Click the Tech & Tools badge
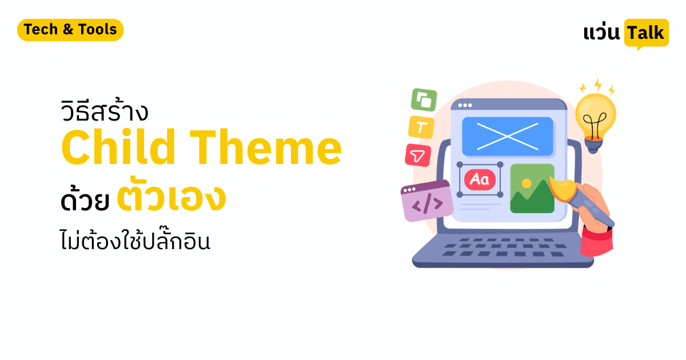(70, 30)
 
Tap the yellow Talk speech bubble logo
(646, 33)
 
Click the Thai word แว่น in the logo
(601, 33)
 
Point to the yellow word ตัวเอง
(171, 199)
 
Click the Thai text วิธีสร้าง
(104, 112)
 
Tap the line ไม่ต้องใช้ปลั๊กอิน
(135, 241)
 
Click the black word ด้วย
(84, 202)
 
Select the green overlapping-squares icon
(424, 100)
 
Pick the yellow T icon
(421, 127)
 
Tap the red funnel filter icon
(418, 155)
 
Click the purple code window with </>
(426, 201)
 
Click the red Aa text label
(479, 179)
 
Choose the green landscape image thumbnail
(532, 189)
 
